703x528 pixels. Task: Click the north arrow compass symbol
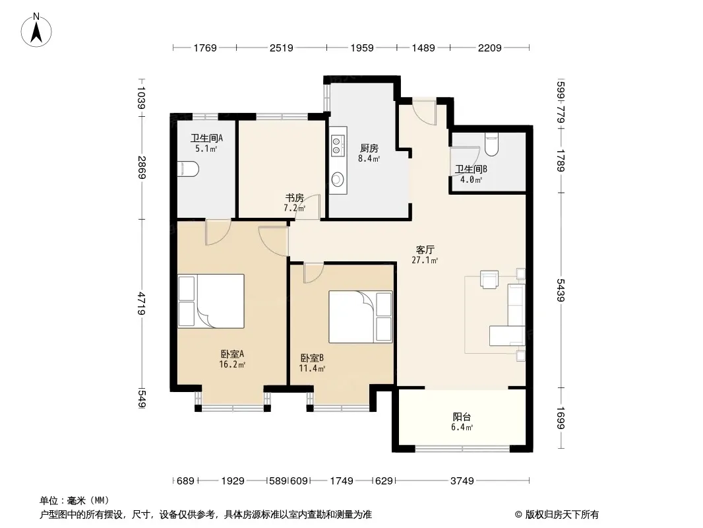(x=36, y=30)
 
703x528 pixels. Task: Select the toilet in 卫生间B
(x=492, y=144)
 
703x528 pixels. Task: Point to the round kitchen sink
(x=337, y=180)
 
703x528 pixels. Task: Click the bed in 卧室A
(x=211, y=301)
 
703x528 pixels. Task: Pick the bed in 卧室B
(x=361, y=317)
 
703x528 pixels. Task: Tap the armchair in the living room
(x=489, y=279)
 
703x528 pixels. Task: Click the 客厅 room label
(x=425, y=250)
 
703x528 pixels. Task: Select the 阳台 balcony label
(x=462, y=416)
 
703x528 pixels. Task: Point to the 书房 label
(x=295, y=198)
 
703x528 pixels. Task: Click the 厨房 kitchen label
(x=369, y=148)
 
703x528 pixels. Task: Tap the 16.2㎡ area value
(x=232, y=365)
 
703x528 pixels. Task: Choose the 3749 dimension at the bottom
(x=462, y=481)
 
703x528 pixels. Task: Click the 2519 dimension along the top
(x=281, y=48)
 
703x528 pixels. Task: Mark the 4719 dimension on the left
(x=142, y=303)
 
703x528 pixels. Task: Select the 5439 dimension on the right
(x=561, y=290)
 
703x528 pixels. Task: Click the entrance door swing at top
(x=425, y=112)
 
